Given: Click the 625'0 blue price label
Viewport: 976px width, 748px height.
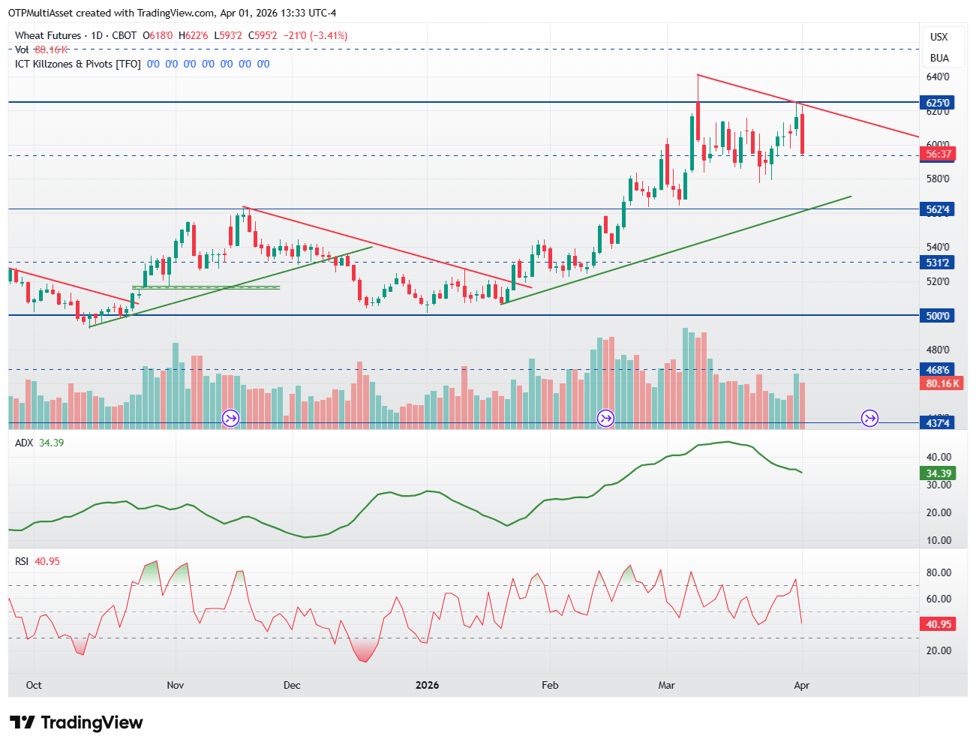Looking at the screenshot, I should coord(937,103).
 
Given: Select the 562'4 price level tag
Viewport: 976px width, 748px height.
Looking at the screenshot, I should coord(937,209).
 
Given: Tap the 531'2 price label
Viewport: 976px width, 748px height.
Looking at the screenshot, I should coord(937,263).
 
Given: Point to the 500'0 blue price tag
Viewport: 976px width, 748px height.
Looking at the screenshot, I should coord(937,316).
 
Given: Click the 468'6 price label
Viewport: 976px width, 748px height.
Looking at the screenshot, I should coord(937,370).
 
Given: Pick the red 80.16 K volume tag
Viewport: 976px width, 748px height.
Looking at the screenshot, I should coord(938,383).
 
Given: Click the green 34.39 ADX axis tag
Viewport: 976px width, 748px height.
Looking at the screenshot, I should coord(938,473).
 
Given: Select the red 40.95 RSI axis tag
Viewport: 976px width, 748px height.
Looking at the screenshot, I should coord(938,624).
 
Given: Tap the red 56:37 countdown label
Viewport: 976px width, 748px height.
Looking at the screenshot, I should coord(938,154).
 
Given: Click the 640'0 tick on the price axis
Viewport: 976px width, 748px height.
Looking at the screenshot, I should coord(937,77).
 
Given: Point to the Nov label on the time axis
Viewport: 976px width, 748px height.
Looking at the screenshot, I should coord(175,685).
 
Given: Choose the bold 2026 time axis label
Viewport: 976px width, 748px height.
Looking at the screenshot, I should coord(427,685).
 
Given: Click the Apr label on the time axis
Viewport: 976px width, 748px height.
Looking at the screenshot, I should coord(801,685).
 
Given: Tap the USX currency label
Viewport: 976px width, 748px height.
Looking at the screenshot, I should coord(938,37).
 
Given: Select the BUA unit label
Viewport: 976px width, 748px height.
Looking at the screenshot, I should coord(938,58).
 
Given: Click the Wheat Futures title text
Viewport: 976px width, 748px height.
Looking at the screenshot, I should coord(48,35).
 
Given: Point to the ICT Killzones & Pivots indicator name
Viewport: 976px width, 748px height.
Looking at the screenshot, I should coord(78,64).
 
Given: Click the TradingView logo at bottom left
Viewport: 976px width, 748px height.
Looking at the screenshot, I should coord(77,722).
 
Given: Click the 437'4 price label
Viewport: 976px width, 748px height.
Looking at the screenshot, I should coord(937,423).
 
